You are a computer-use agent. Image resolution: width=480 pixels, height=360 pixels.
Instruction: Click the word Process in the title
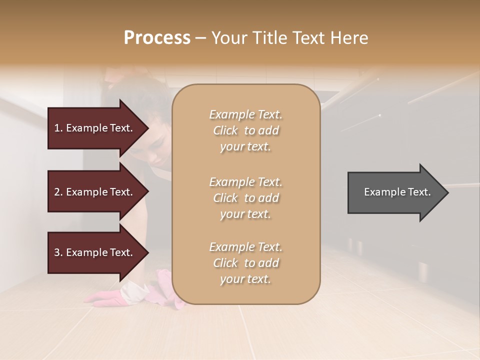click(x=157, y=38)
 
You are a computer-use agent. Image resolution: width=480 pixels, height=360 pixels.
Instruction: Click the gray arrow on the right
click(x=395, y=192)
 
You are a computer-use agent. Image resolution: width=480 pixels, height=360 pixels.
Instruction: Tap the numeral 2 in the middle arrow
click(x=57, y=192)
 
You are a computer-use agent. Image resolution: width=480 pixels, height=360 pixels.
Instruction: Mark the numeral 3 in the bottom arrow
click(x=57, y=252)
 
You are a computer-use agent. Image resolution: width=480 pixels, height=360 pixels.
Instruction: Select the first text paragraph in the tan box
click(x=245, y=130)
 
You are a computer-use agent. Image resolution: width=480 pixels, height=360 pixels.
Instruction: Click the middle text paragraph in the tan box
click(x=245, y=198)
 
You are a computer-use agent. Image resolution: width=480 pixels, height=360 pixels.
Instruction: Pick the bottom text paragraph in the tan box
click(x=245, y=263)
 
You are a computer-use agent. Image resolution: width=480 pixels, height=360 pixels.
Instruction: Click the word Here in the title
click(x=348, y=38)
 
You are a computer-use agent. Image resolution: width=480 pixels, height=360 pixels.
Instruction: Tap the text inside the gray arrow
click(x=397, y=192)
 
